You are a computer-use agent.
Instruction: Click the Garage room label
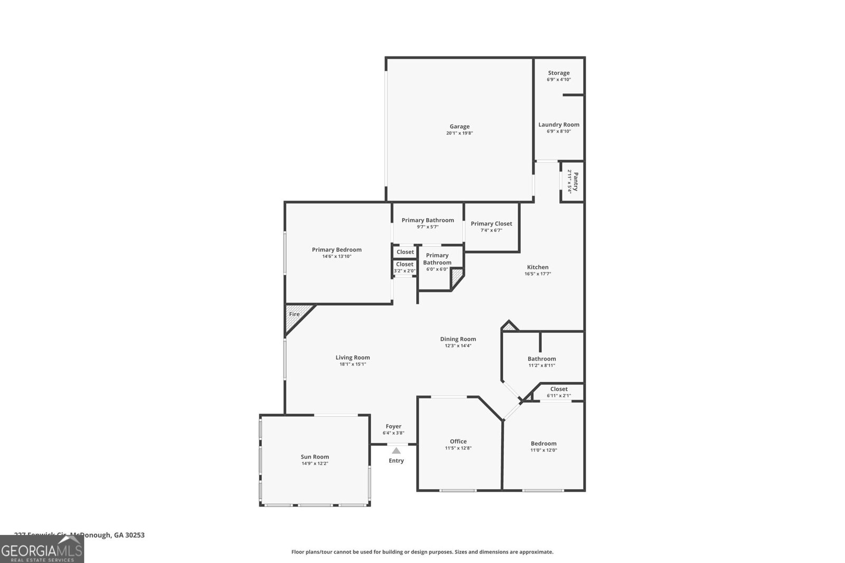[x=459, y=127]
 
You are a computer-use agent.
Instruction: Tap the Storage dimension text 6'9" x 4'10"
[x=558, y=80]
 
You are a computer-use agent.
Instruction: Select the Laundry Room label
[x=558, y=125]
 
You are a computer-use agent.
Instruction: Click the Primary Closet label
[x=491, y=223]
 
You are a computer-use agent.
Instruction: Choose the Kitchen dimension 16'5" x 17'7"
[x=538, y=274]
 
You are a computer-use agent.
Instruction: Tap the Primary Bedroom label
[x=336, y=250]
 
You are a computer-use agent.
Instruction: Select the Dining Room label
[x=458, y=339]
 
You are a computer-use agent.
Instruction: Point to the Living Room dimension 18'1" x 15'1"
[x=352, y=364]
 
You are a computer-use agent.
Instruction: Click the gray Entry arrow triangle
[x=396, y=451]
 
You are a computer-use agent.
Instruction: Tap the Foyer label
[x=393, y=426]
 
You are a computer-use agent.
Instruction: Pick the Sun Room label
[x=315, y=457]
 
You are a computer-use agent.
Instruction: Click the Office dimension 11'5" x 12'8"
[x=458, y=448]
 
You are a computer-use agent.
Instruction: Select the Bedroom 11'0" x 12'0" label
[x=543, y=444]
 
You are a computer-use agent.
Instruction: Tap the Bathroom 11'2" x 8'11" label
[x=541, y=359]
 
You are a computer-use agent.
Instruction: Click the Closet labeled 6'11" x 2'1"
[x=559, y=389]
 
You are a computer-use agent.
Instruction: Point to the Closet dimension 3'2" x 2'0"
[x=405, y=271]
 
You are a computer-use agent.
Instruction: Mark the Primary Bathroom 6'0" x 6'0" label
[x=437, y=259]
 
